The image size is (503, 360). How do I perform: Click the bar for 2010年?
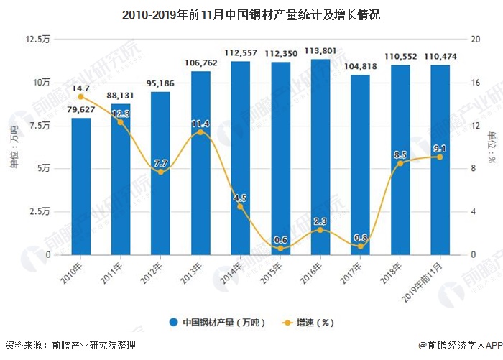[80, 186]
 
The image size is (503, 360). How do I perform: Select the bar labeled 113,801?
[320, 157]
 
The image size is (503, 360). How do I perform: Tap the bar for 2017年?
[360, 165]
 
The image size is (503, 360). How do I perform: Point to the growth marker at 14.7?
[80, 97]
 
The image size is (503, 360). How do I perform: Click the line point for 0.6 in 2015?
[280, 249]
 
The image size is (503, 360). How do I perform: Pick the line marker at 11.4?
[200, 132]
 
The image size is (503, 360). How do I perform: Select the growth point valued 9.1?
[440, 157]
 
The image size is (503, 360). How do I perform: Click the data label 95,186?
[160, 83]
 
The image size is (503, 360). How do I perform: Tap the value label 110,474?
[440, 57]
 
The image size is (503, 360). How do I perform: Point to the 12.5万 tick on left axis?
[38, 39]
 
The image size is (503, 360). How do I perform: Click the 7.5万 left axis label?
[40, 125]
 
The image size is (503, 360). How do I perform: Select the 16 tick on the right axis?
[475, 83]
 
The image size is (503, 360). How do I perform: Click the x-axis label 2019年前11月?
[422, 282]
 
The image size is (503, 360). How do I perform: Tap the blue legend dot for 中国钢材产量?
[174, 322]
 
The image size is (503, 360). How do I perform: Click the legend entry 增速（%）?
[308, 323]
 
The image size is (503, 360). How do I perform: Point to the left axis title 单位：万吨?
[14, 147]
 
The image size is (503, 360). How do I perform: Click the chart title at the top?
[251, 15]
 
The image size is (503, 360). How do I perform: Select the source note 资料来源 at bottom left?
[70, 345]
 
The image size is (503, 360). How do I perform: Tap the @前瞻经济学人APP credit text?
[461, 345]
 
